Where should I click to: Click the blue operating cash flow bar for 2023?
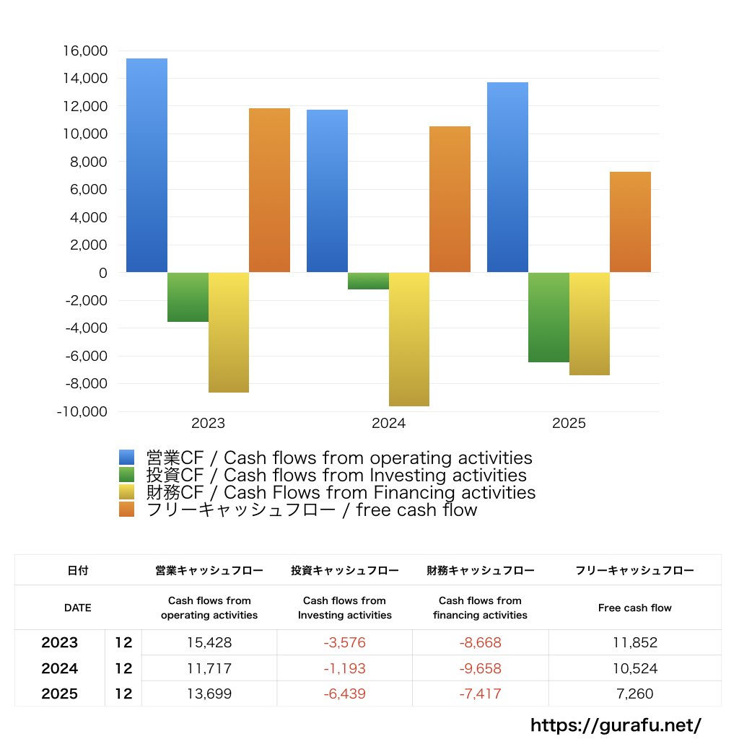pyautogui.click(x=147, y=165)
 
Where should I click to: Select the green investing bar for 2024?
pyautogui.click(x=368, y=281)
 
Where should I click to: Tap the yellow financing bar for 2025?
pyautogui.click(x=589, y=324)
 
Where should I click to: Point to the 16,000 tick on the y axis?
pyautogui.click(x=85, y=51)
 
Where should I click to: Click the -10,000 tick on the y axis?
pyautogui.click(x=82, y=411)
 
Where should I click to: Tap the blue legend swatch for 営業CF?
pyautogui.click(x=127, y=458)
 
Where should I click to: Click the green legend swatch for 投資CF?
pyautogui.click(x=127, y=475)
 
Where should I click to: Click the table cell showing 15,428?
pyautogui.click(x=209, y=642)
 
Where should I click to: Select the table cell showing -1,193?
pyautogui.click(x=344, y=668)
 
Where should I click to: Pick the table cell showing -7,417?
pyautogui.click(x=480, y=694)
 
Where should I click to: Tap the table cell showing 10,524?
pyautogui.click(x=634, y=668)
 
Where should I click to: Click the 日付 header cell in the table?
pyautogui.click(x=77, y=570)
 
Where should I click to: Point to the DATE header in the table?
pyautogui.click(x=77, y=608)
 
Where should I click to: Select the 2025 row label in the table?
pyautogui.click(x=60, y=694)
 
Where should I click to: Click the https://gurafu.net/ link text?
pyautogui.click(x=616, y=725)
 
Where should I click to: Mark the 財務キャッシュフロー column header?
pyautogui.click(x=480, y=570)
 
